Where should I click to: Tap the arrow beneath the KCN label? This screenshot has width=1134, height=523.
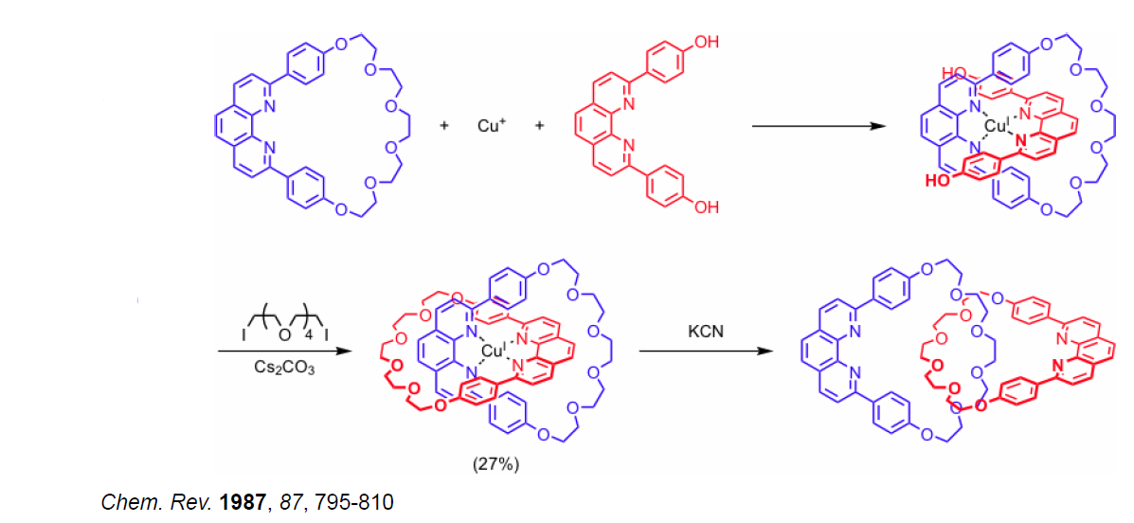(x=701, y=352)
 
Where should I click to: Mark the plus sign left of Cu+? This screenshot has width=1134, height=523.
(x=444, y=125)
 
